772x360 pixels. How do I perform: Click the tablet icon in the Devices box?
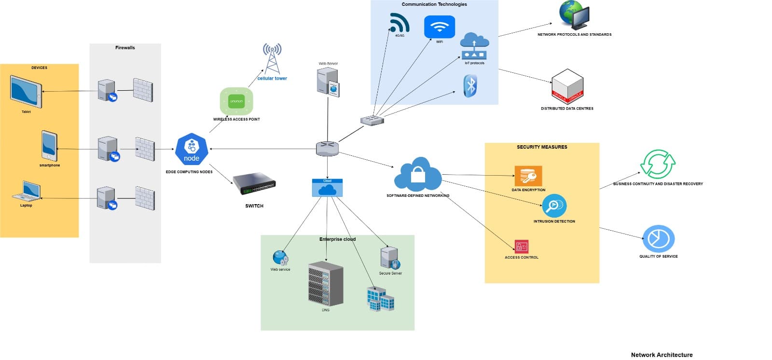coord(26,92)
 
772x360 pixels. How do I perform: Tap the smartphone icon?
coord(49,146)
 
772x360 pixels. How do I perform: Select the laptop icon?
coord(27,191)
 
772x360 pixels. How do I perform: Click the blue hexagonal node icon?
coord(192,149)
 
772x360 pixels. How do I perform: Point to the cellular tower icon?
coord(272,58)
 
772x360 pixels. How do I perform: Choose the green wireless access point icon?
coord(236,101)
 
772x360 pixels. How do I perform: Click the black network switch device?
coord(254,183)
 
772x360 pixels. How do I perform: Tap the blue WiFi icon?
coord(439,27)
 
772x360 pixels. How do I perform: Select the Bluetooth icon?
coord(470,86)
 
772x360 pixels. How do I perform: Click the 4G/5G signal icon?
coord(400,23)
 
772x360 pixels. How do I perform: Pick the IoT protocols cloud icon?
coord(474,46)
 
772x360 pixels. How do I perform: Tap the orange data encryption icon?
coord(528,176)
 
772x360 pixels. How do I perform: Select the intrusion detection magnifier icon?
coord(554,206)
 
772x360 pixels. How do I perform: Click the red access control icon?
coord(521,247)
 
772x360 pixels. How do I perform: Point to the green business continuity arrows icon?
coord(658,164)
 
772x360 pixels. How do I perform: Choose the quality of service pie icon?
coord(658,238)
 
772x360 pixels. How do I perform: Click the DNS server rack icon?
coord(326,284)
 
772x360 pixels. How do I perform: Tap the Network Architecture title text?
coord(662,355)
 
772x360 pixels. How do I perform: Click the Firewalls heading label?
coord(125,48)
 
